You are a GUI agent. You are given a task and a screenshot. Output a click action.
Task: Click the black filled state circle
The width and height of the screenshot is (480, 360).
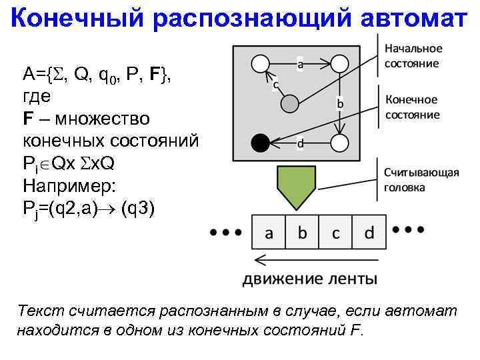pyautogui.click(x=261, y=142)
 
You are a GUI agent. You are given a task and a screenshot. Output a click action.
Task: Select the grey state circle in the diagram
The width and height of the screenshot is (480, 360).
pyautogui.click(x=289, y=103)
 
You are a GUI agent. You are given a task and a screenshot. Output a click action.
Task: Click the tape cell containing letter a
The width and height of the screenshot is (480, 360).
pyautogui.click(x=268, y=233)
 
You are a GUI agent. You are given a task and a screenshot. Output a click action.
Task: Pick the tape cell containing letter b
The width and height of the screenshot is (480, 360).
pyautogui.click(x=302, y=233)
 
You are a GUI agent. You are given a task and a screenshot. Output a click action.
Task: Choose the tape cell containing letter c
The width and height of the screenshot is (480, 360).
pyautogui.click(x=336, y=233)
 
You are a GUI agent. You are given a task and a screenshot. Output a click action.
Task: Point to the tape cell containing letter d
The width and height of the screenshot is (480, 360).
pyautogui.click(x=369, y=233)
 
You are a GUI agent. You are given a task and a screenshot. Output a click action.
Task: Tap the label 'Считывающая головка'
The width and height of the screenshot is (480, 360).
pyautogui.click(x=421, y=180)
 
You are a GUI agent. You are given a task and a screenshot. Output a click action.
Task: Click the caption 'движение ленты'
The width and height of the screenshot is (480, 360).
pyautogui.click(x=309, y=278)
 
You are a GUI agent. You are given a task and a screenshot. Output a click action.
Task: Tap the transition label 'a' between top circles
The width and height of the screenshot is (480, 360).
pyautogui.click(x=300, y=65)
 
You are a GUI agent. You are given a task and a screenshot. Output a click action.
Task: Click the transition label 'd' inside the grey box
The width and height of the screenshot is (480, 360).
pyautogui.click(x=300, y=143)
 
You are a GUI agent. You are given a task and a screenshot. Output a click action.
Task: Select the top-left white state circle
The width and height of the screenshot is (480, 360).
pyautogui.click(x=261, y=64)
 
